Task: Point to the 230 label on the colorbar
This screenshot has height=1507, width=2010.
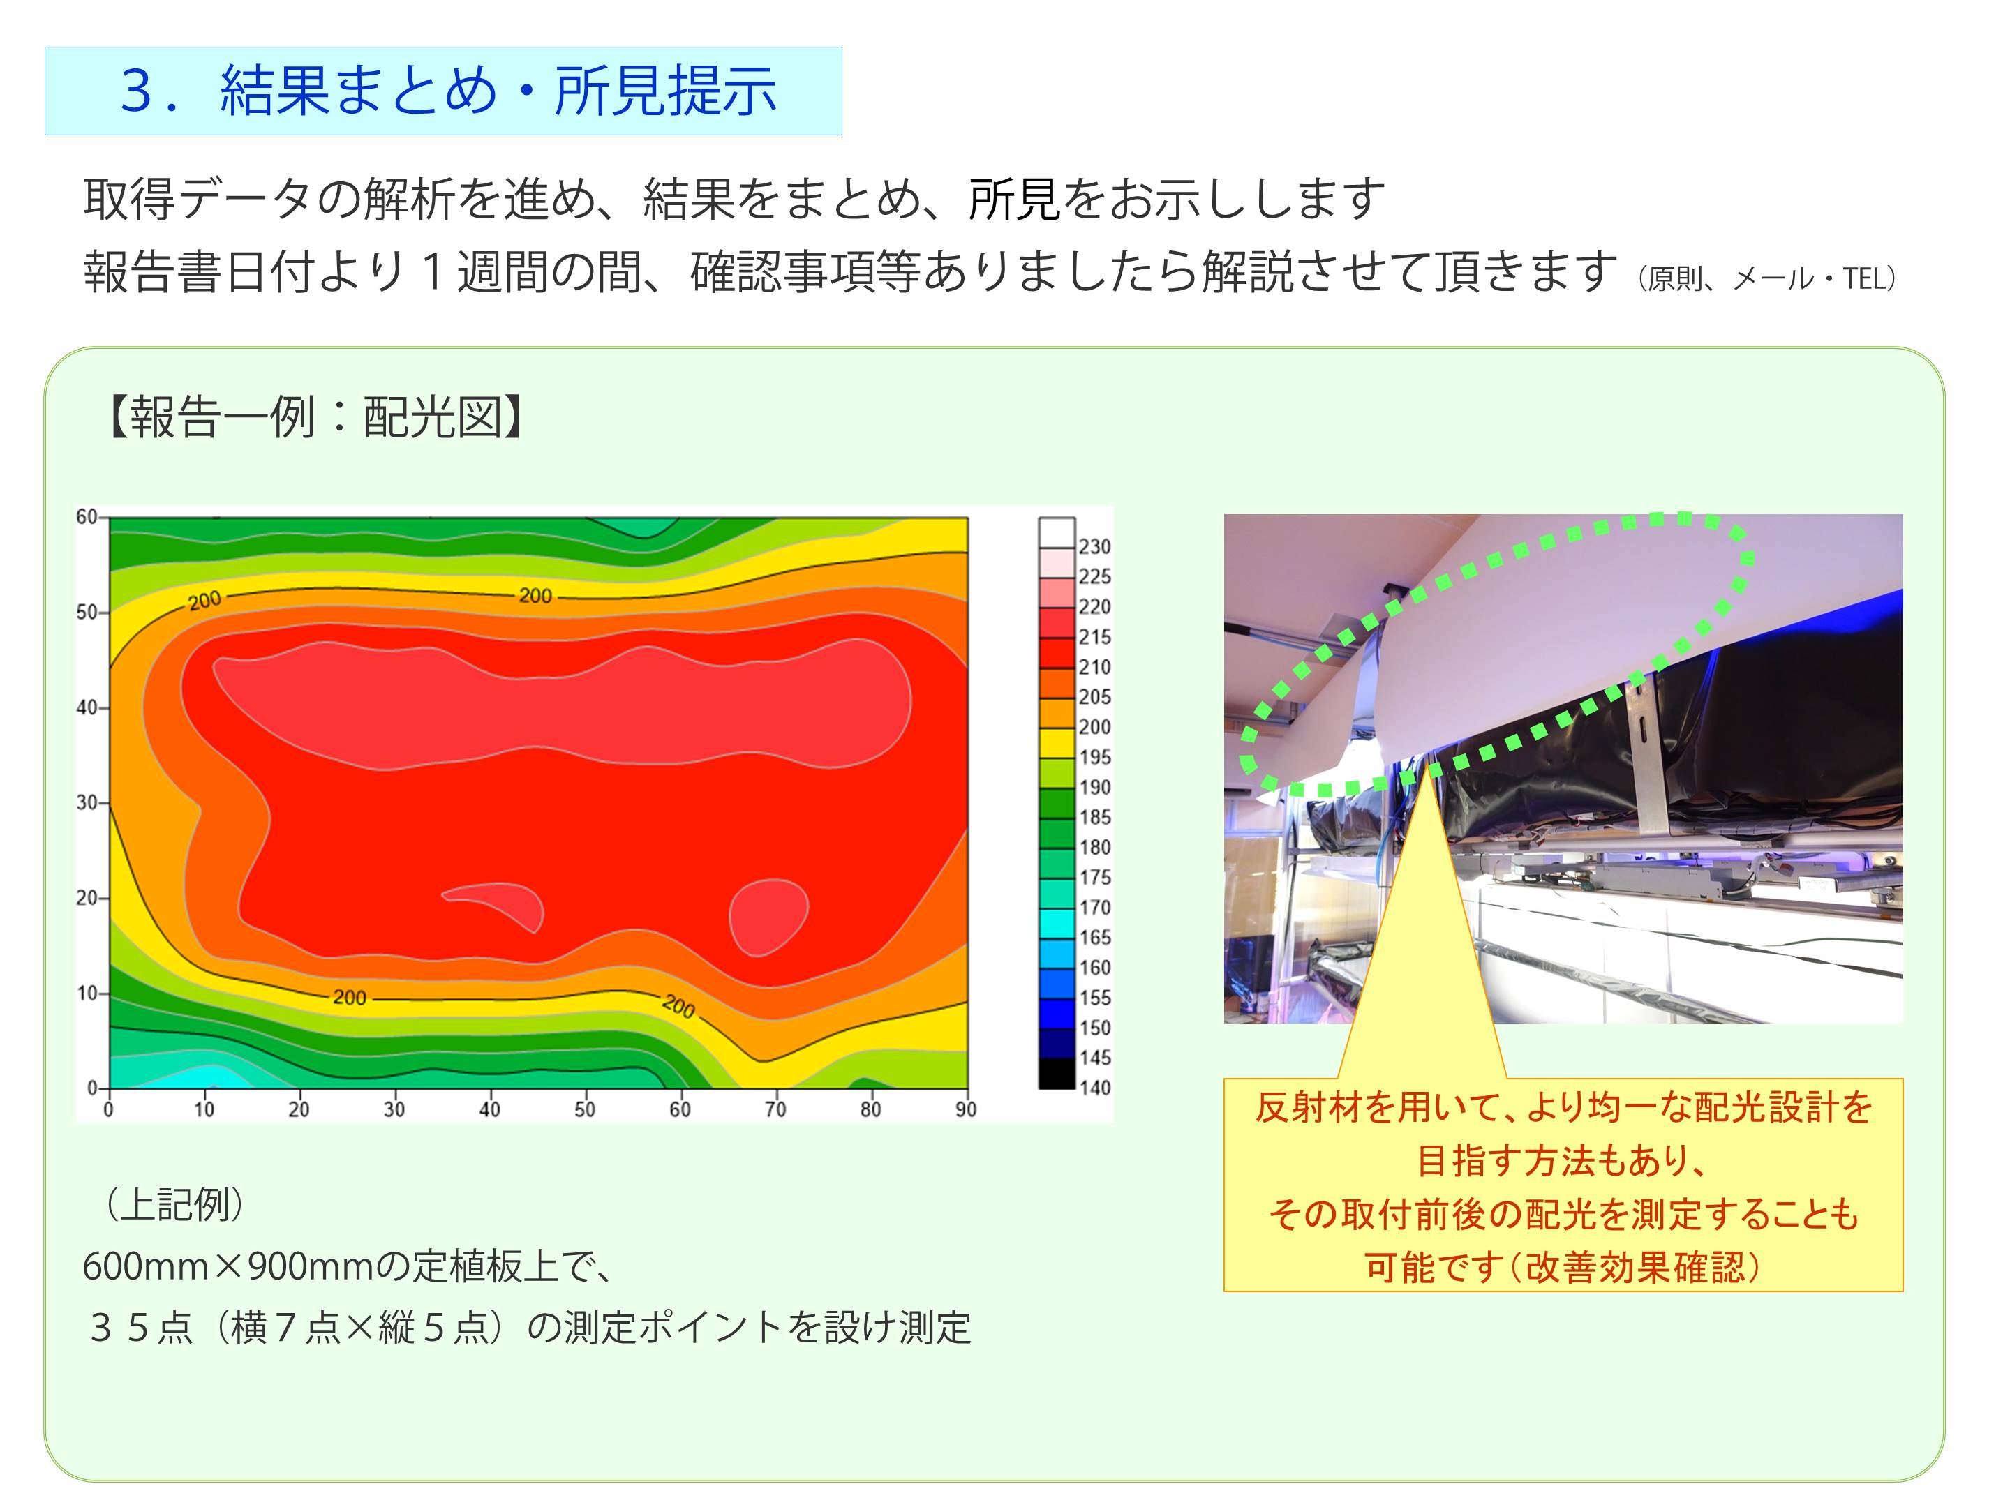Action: point(1094,547)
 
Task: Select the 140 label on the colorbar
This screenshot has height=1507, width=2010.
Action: point(1094,1087)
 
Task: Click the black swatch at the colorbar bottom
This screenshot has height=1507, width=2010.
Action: point(1057,1073)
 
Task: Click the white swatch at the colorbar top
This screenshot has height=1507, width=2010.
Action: point(1057,532)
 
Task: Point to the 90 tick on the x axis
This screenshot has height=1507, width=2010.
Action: point(966,1109)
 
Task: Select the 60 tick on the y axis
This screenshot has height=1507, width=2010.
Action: point(87,517)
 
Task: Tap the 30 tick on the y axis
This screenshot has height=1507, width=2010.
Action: point(87,803)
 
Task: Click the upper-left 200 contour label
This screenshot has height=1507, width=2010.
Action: point(204,601)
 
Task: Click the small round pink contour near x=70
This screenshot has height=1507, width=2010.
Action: point(768,917)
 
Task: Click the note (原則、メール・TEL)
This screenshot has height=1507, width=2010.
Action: point(1767,278)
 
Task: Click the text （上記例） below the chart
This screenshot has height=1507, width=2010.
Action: point(174,1206)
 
